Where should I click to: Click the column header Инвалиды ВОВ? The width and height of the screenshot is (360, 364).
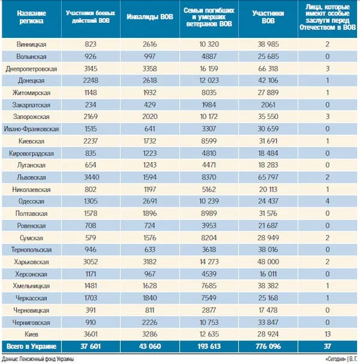[150, 17]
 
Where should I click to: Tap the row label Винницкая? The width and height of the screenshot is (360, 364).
[31, 44]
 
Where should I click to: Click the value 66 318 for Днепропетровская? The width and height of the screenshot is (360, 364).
[268, 68]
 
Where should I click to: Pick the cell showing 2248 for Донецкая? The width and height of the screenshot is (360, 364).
[91, 80]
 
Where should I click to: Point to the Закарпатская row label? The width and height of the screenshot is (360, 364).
[31, 105]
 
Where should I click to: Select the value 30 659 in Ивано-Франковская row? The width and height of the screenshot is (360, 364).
[268, 129]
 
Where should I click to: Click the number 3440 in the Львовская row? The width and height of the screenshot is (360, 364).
[91, 177]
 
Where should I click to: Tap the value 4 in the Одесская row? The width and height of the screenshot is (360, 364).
[327, 201]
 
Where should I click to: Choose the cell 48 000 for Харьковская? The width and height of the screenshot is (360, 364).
[268, 262]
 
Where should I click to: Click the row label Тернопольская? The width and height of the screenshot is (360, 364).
[31, 250]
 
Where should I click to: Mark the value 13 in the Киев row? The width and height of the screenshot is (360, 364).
[327, 335]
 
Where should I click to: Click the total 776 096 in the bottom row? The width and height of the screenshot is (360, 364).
[268, 347]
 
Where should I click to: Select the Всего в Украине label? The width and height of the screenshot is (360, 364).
[31, 347]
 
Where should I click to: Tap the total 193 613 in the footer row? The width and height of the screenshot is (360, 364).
[209, 347]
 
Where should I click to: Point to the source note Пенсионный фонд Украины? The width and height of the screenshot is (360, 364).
[47, 359]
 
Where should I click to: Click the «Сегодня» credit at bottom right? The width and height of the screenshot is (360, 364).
[335, 359]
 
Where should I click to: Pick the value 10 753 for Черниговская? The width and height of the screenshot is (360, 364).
[209, 323]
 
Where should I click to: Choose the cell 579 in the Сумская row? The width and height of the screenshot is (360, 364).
[91, 238]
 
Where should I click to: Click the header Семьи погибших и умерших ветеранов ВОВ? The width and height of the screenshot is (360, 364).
[209, 17]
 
